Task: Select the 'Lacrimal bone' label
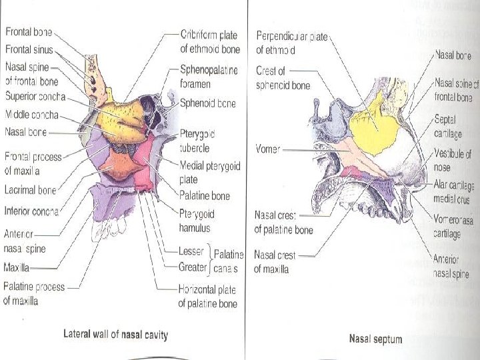pyautogui.click(x=30, y=190)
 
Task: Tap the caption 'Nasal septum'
pyautogui.click(x=376, y=339)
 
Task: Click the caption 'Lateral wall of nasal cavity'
pyautogui.click(x=115, y=334)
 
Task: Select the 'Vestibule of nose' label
pyautogui.click(x=453, y=160)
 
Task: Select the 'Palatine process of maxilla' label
pyautogui.click(x=34, y=293)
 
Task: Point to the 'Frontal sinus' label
pyautogui.click(x=29, y=49)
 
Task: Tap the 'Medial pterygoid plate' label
pyautogui.click(x=209, y=173)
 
